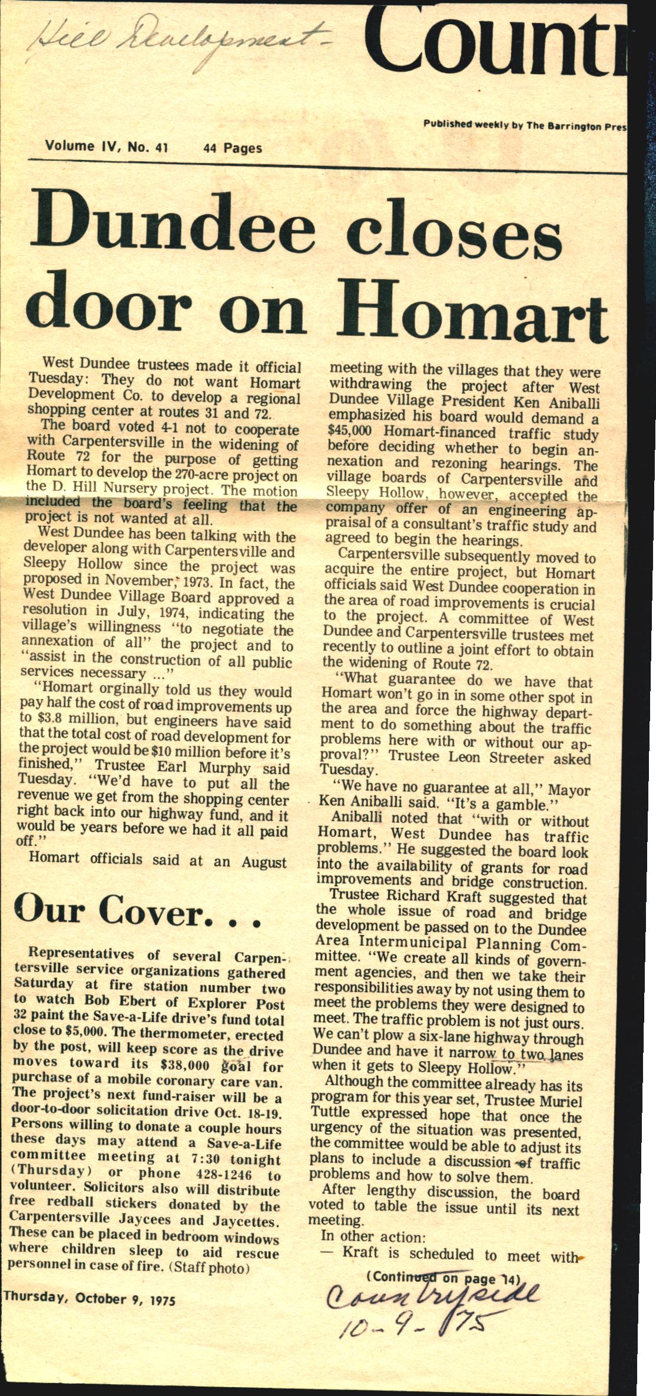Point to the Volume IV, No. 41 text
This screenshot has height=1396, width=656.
pyautogui.click(x=107, y=146)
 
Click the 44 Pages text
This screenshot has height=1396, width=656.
pyautogui.click(x=232, y=148)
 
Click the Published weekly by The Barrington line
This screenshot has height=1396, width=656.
pyautogui.click(x=524, y=125)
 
